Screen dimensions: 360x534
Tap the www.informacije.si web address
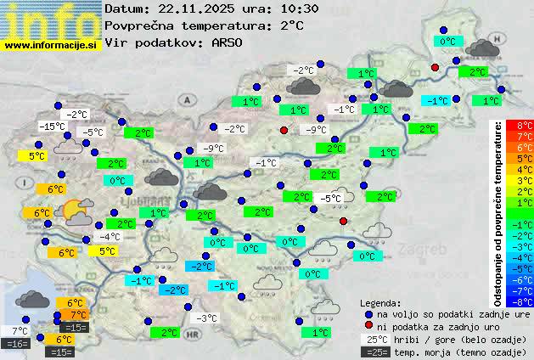click(51, 44)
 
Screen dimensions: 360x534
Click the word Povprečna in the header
click(138, 25)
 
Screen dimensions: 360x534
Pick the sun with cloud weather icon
click(78, 211)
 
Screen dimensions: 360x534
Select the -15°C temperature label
click(52, 127)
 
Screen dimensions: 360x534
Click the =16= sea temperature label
click(16, 344)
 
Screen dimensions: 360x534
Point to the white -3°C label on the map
click(206, 318)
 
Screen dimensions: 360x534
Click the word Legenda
click(380, 302)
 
